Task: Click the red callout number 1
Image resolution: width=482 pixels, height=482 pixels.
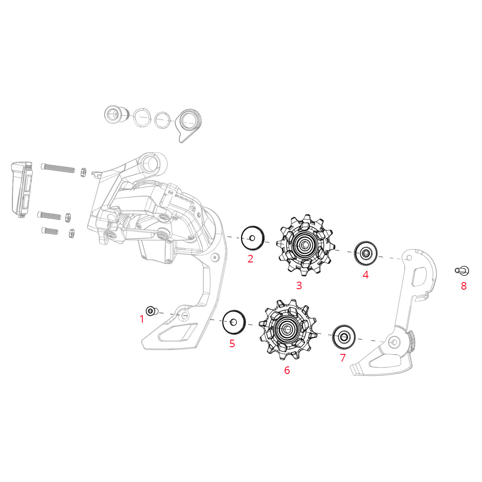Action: click(x=142, y=319)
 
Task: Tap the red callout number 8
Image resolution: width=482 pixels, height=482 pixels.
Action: click(x=464, y=286)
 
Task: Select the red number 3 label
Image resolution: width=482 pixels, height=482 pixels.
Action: click(x=299, y=286)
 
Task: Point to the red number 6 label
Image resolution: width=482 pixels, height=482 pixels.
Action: click(x=287, y=370)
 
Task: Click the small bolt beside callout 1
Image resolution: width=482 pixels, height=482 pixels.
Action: click(x=151, y=311)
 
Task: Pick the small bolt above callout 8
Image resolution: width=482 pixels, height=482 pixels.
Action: click(x=461, y=270)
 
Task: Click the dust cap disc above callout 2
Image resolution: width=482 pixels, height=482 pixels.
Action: click(x=253, y=238)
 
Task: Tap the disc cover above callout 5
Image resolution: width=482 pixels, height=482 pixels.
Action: click(x=234, y=321)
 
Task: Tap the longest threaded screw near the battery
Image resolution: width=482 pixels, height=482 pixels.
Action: click(x=58, y=168)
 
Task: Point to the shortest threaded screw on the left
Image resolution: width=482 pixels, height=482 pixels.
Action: click(x=50, y=231)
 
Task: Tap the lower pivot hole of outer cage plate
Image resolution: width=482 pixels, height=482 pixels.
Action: click(x=393, y=342)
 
